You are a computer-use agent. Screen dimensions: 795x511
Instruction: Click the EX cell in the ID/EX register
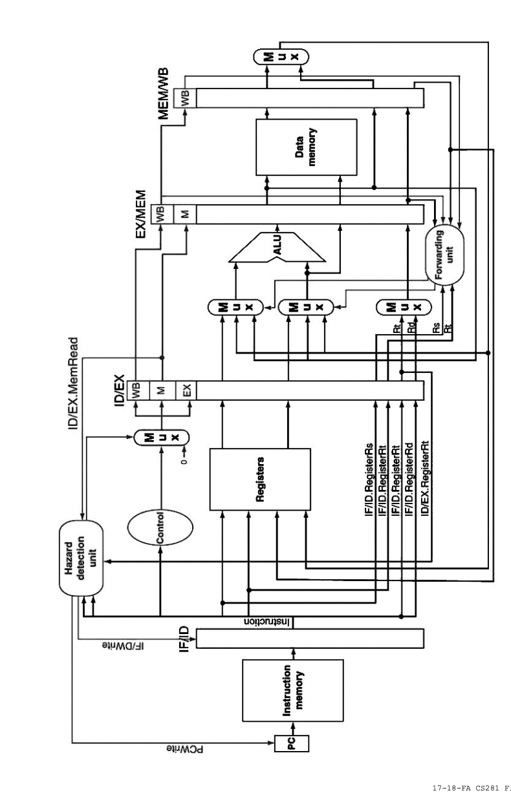click(x=188, y=390)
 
